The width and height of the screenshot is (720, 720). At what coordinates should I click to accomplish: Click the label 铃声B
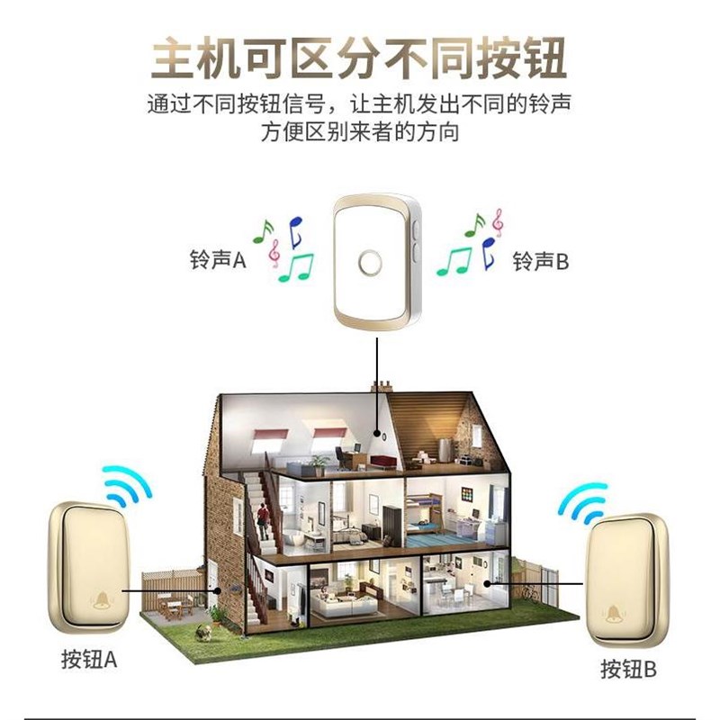541,261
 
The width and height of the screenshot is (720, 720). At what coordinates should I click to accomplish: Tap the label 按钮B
629,670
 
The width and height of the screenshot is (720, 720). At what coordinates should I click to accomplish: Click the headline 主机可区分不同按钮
359,58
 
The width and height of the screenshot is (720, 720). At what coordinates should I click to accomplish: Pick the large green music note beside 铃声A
296,266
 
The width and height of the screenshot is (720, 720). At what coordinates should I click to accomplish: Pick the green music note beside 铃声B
454,260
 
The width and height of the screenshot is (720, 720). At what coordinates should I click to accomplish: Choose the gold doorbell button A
89,568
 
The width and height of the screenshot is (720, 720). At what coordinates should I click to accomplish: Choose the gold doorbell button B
627,580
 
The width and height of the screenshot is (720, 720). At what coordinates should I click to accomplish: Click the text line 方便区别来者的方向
359,133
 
